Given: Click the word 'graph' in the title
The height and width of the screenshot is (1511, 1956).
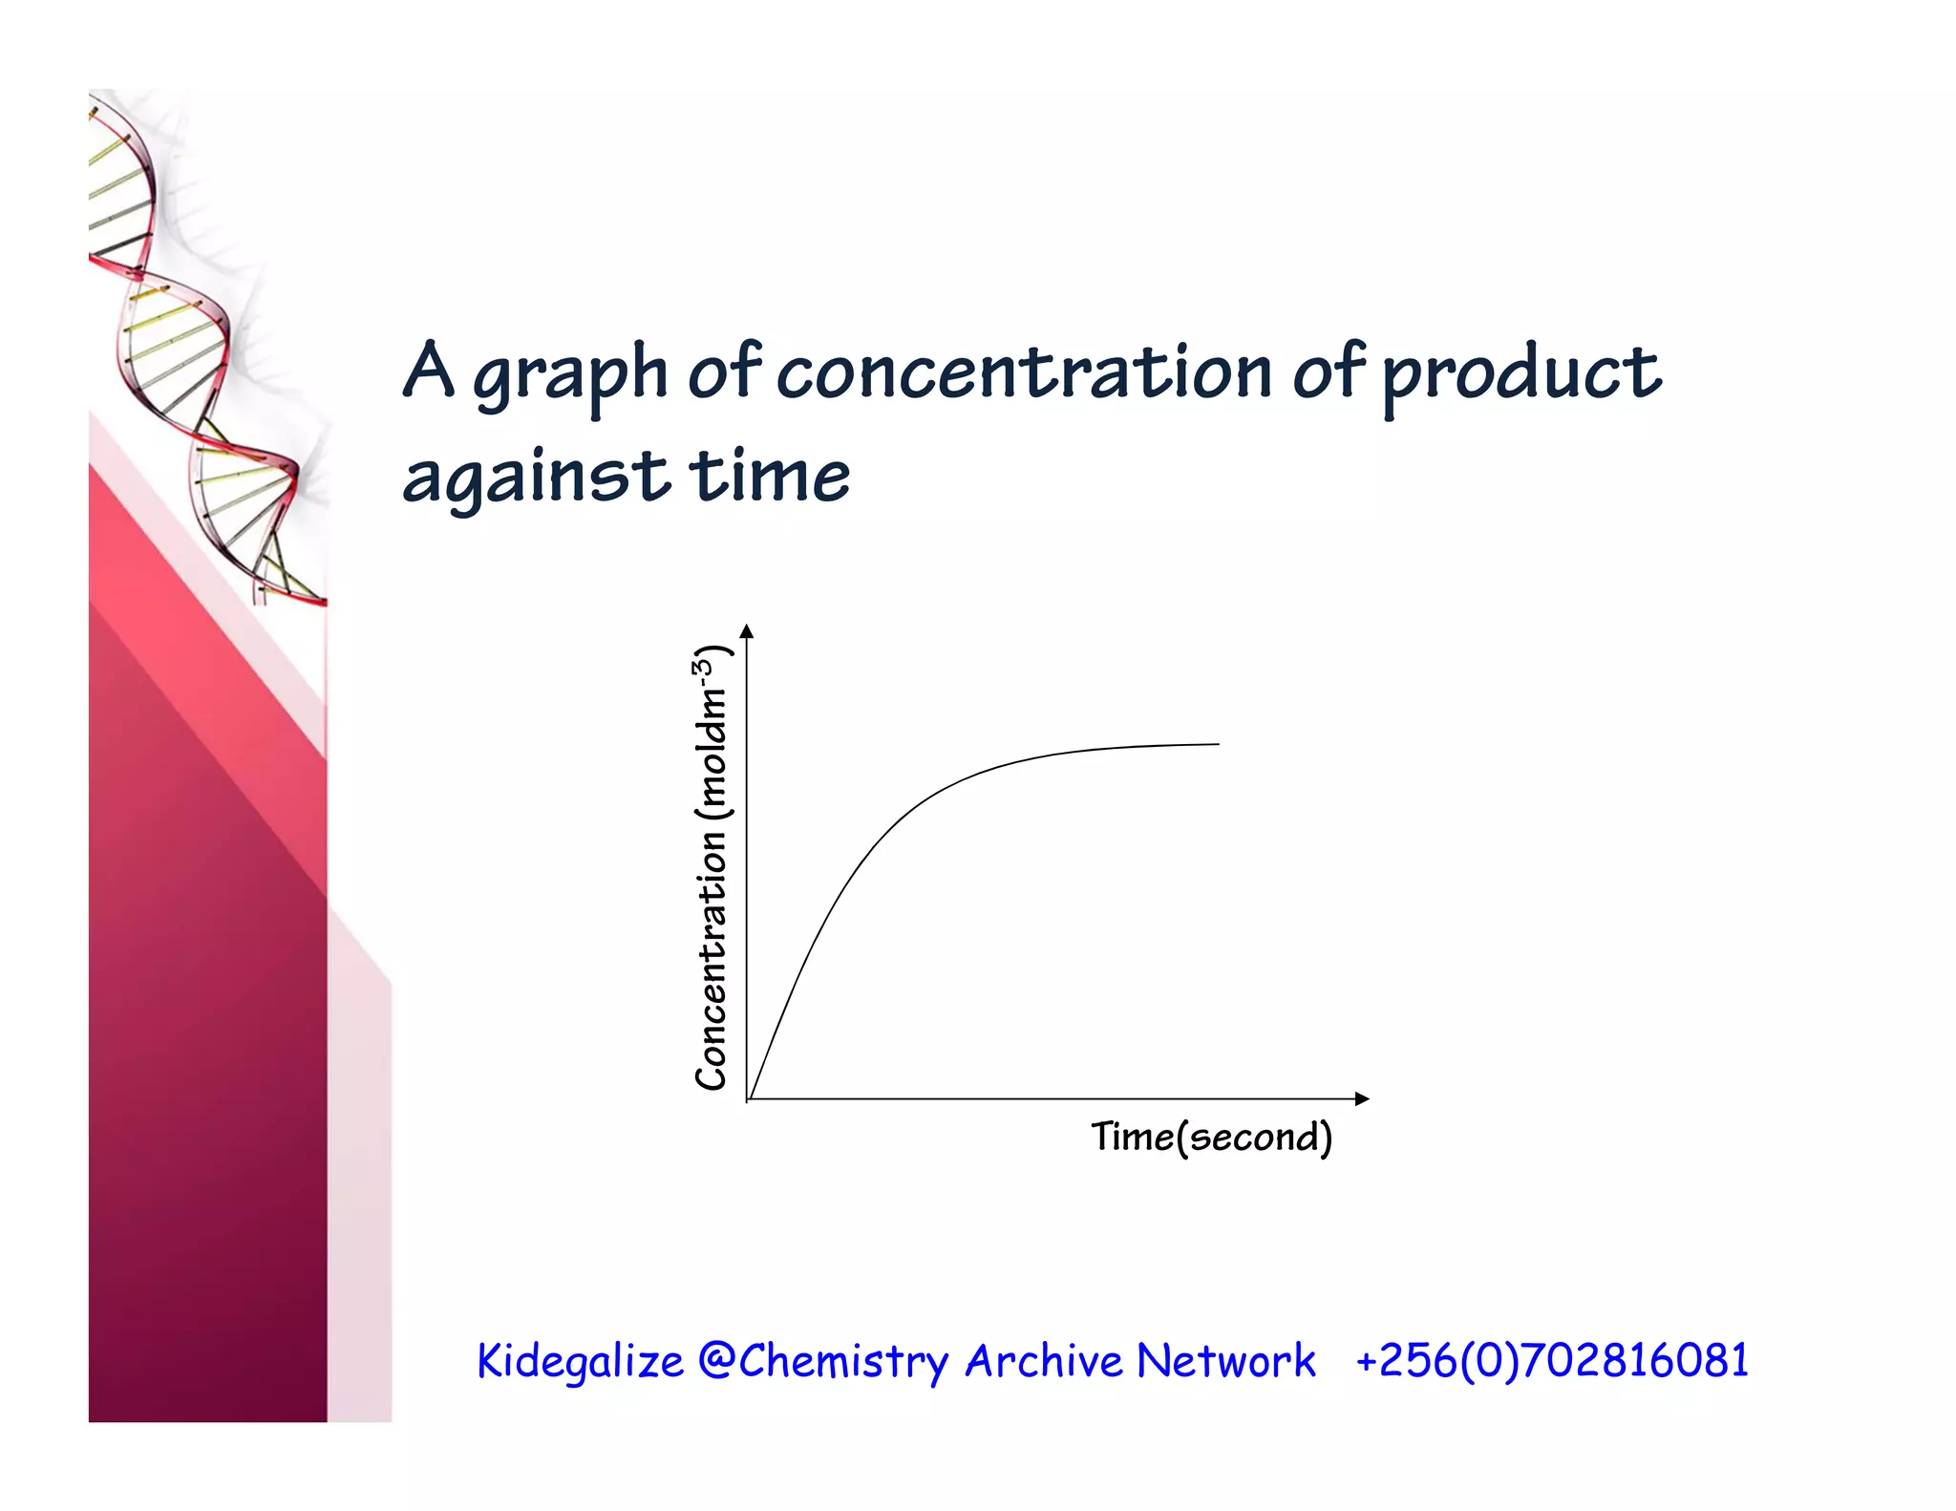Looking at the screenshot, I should [x=570, y=374].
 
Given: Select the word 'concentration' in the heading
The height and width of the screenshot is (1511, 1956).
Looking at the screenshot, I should [x=1024, y=372].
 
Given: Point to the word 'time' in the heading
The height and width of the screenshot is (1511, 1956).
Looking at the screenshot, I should [x=769, y=476].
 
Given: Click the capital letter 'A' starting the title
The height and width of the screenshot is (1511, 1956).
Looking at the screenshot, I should [x=427, y=370].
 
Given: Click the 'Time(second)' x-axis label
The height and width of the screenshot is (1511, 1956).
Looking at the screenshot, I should [x=1211, y=1138].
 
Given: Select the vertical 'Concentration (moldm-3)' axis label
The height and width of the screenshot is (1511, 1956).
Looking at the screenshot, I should [x=711, y=867].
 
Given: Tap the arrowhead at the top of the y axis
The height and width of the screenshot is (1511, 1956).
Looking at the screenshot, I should [x=747, y=631].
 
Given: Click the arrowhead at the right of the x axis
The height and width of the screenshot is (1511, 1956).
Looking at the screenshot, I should [x=1362, y=1099].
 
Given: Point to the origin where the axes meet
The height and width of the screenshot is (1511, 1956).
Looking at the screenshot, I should [x=748, y=1099].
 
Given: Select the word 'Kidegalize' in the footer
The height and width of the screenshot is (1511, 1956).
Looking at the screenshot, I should [x=580, y=1361].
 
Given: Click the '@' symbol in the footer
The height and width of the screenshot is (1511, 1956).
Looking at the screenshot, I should [x=716, y=1360].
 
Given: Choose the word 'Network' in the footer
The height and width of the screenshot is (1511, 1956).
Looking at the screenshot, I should [x=1226, y=1360].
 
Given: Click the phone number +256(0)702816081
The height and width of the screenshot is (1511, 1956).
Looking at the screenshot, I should [x=1552, y=1360].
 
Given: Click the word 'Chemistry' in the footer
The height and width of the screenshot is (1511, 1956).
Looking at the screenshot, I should [x=844, y=1362].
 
